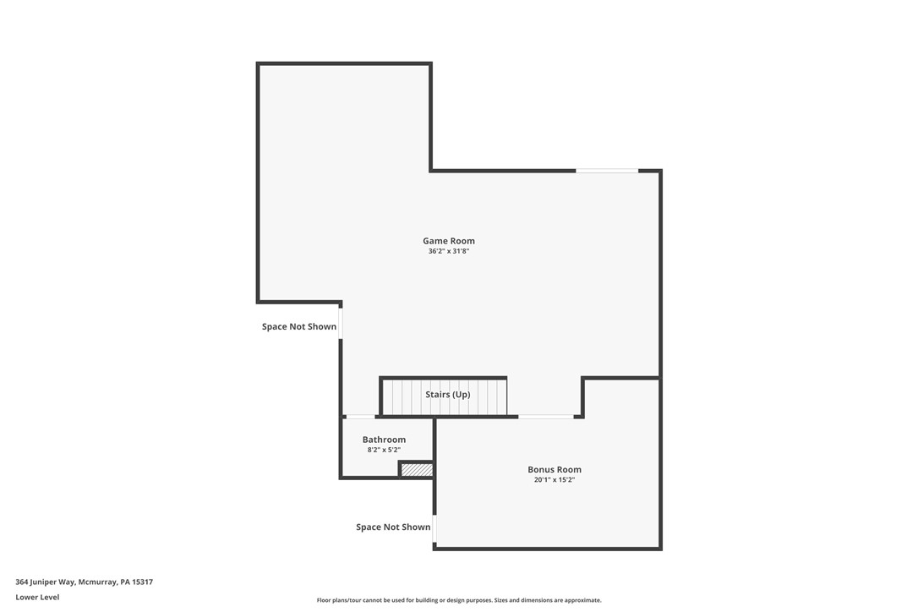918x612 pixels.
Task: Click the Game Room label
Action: (x=448, y=241)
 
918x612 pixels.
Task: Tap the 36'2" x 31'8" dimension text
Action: (x=448, y=251)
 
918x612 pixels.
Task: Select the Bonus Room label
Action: (x=555, y=469)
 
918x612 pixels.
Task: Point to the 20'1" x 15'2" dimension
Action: (x=555, y=480)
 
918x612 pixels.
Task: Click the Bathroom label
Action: (x=384, y=440)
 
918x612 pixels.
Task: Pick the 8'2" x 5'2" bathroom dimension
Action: (x=384, y=450)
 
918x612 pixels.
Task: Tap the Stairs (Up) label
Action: (x=447, y=395)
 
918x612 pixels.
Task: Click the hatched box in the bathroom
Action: (x=417, y=469)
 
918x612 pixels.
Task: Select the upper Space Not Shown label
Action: (x=299, y=327)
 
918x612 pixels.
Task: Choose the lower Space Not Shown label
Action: (x=393, y=527)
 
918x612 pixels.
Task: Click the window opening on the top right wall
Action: (x=607, y=171)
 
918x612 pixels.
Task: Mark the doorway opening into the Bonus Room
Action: (x=546, y=417)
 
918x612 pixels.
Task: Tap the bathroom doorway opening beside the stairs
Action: (x=361, y=417)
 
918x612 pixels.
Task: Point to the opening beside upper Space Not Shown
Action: (x=341, y=325)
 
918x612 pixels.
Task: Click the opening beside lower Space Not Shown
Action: (x=434, y=527)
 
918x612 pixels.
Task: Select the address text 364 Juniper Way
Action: (x=46, y=582)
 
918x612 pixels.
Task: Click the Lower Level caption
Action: (x=37, y=597)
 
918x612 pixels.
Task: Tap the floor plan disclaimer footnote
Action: (x=459, y=600)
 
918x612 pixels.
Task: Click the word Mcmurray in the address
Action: (x=97, y=582)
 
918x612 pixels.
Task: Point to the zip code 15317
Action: (x=143, y=582)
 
